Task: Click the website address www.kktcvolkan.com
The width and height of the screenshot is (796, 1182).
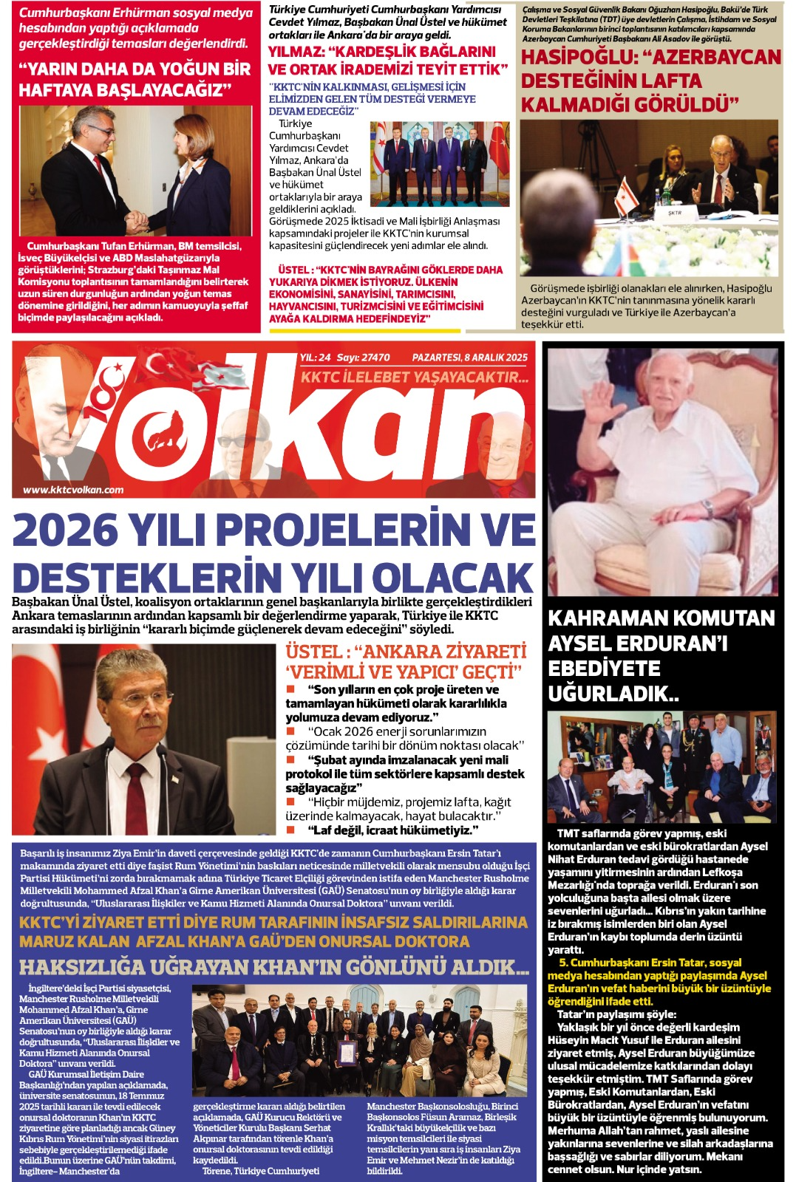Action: coord(73,489)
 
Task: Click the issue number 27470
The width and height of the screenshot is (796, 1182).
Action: coord(374,358)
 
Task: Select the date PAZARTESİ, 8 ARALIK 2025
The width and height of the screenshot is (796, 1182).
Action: coord(469,358)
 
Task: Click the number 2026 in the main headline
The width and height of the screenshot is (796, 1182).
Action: coord(65,530)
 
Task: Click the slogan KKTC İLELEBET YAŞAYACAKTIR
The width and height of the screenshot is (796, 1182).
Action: coord(414,378)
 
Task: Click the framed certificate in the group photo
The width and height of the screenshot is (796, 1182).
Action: coord(345,1052)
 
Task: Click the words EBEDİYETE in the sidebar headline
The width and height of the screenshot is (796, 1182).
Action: coord(604,669)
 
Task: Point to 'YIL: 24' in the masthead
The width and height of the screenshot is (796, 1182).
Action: coord(315,358)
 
